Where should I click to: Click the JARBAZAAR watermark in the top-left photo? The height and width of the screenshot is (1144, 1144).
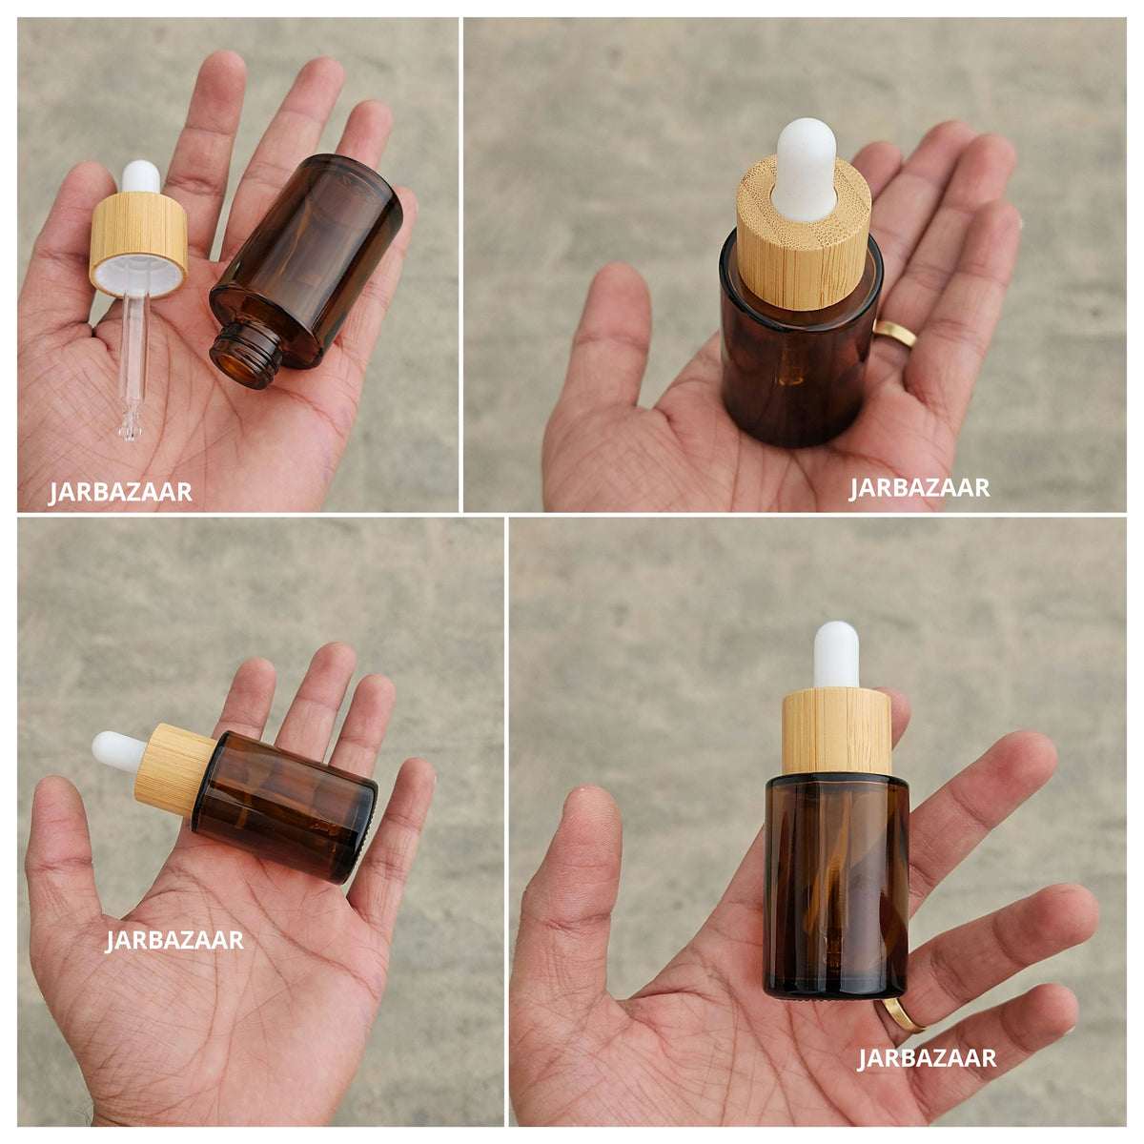click(120, 493)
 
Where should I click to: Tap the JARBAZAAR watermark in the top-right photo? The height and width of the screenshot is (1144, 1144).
click(920, 488)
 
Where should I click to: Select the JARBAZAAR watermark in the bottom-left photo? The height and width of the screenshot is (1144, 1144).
click(174, 940)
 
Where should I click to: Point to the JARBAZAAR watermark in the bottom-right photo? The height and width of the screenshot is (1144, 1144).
click(927, 1058)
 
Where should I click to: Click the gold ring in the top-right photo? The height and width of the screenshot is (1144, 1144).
click(896, 334)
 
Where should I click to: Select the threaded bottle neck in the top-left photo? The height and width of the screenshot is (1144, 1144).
click(246, 355)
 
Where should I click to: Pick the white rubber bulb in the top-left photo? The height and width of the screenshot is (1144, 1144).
click(141, 176)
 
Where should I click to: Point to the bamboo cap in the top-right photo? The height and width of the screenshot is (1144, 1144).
click(804, 235)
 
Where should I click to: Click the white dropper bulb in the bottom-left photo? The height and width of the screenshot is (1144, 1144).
click(119, 751)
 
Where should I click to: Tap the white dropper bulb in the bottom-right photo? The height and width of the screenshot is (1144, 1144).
click(836, 655)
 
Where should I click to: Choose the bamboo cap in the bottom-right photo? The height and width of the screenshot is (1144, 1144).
click(836, 731)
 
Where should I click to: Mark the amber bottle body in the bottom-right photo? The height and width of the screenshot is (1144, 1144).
click(836, 887)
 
